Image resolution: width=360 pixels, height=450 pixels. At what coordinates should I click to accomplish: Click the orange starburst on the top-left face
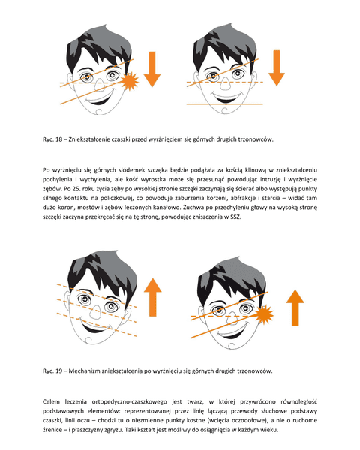pyautogui.click(x=130, y=81)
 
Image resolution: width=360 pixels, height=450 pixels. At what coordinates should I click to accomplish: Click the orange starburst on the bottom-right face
pyautogui.click(x=263, y=314)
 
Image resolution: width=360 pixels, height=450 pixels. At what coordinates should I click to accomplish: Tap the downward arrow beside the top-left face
pyautogui.click(x=151, y=69)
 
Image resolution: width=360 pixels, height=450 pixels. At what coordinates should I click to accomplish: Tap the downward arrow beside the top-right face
pyautogui.click(x=277, y=67)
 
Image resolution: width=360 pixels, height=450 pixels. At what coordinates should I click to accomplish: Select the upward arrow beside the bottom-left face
pyautogui.click(x=153, y=297)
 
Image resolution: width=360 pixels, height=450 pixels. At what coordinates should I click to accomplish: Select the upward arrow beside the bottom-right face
pyautogui.click(x=295, y=307)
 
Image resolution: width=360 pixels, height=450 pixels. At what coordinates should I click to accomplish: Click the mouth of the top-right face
pyautogui.click(x=226, y=97)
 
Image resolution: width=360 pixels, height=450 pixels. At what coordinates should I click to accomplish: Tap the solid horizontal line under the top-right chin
pyautogui.click(x=225, y=104)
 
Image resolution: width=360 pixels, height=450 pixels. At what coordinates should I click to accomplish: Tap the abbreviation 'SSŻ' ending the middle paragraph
pyautogui.click(x=236, y=217)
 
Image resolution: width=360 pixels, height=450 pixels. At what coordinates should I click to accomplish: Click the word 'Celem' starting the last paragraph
pyautogui.click(x=52, y=401)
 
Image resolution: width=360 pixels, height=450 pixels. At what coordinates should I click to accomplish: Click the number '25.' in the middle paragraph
pyautogui.click(x=75, y=189)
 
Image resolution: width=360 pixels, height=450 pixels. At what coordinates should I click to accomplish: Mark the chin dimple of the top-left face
pyautogui.click(x=99, y=111)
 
